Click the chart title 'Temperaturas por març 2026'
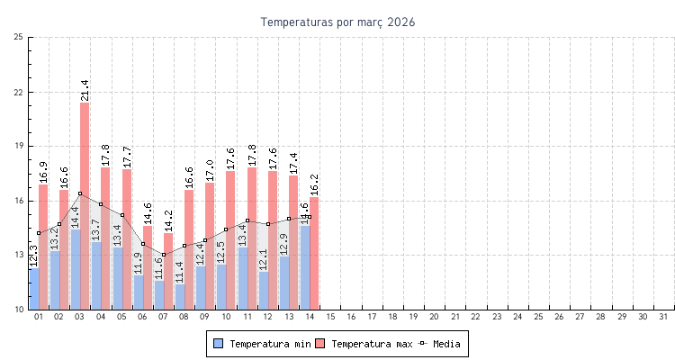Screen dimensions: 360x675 click(337, 22)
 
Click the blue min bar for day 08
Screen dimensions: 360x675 click(180, 297)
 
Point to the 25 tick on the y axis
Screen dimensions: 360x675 click(19, 37)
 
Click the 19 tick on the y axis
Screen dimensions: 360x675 click(19, 146)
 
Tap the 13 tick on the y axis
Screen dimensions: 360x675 click(19, 255)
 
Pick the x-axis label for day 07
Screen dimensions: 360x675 click(164, 317)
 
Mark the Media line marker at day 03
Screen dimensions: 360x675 click(80, 193)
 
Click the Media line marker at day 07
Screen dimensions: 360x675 click(164, 255)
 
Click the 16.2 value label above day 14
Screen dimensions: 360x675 click(314, 185)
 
